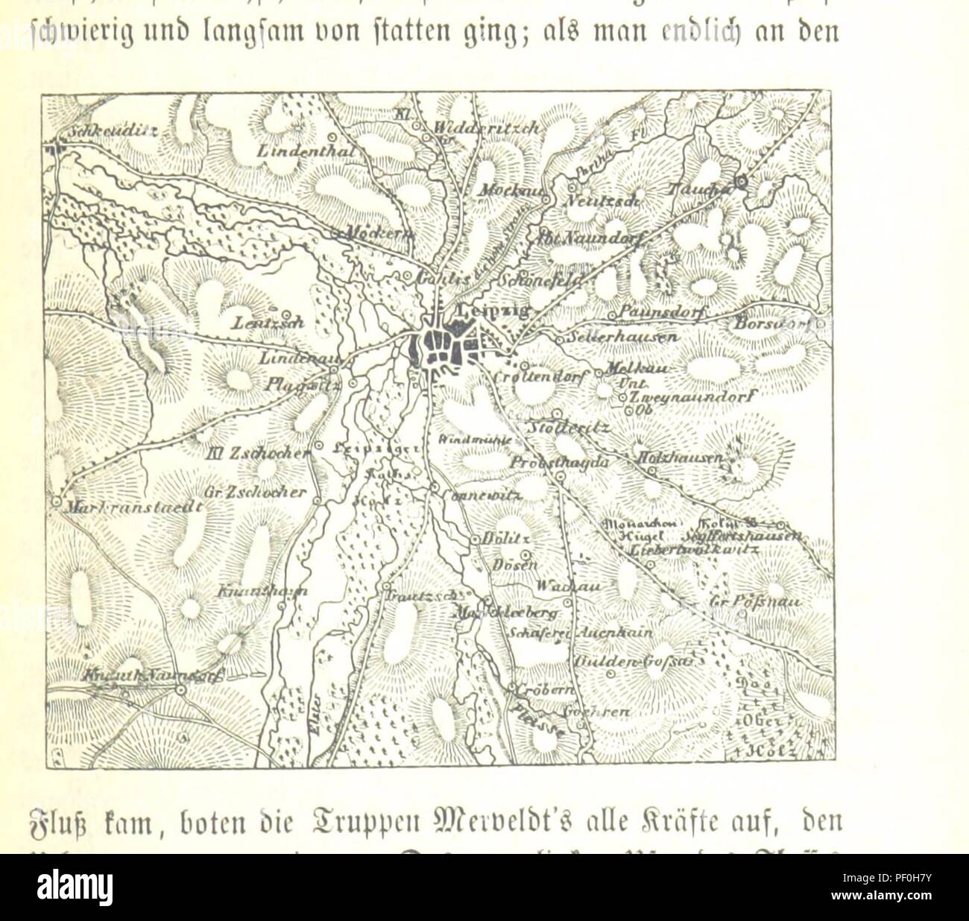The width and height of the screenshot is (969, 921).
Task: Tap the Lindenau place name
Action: click(x=294, y=358)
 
